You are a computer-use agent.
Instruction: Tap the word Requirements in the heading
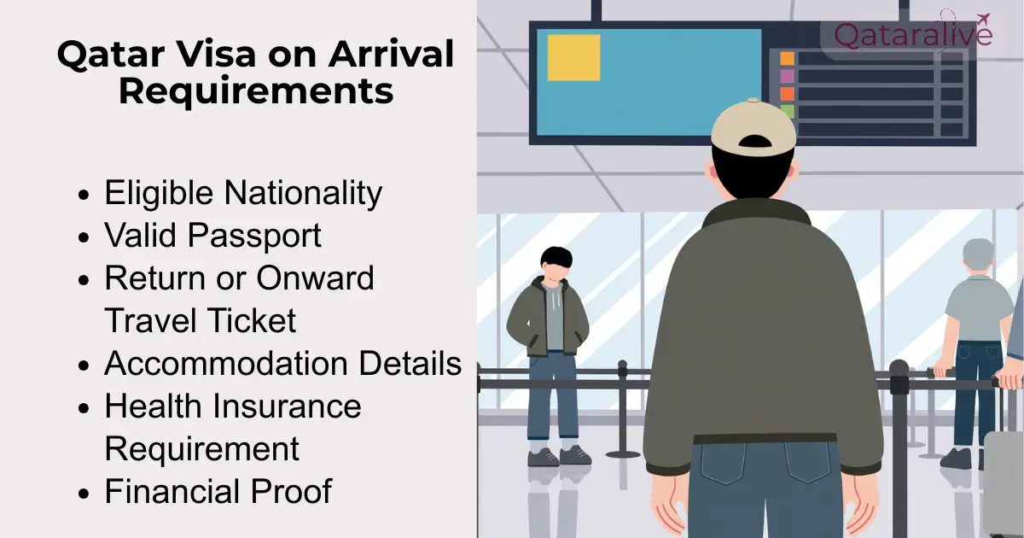(256, 91)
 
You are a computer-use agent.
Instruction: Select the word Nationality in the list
(302, 193)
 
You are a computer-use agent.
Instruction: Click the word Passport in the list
(256, 236)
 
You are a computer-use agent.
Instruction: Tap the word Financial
(171, 492)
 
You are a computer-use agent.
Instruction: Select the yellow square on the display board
(573, 57)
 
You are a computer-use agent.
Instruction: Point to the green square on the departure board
(787, 111)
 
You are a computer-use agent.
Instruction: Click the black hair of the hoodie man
(556, 256)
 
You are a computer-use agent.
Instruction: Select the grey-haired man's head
(978, 256)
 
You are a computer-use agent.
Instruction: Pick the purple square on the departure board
(787, 76)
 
